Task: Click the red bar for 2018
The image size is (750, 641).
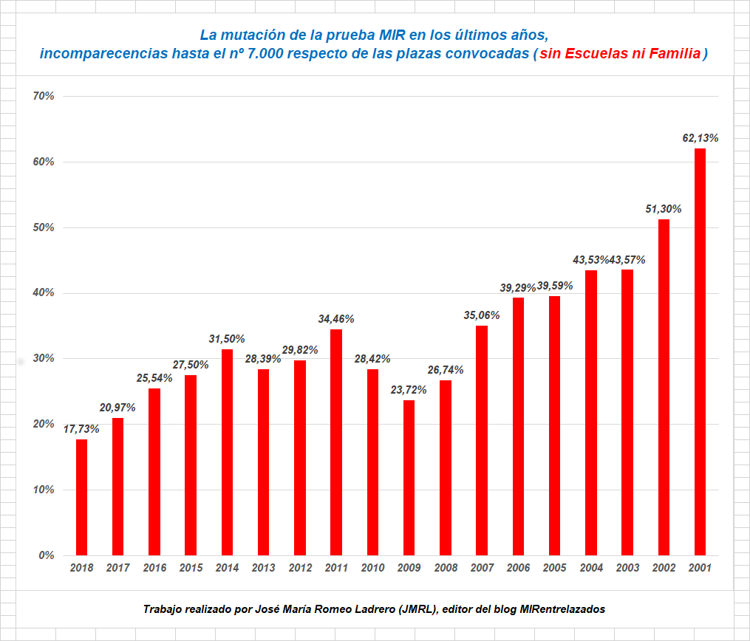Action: [x=81, y=497]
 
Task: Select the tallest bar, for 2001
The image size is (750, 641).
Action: [x=700, y=352]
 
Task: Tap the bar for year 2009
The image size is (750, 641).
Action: [x=409, y=477]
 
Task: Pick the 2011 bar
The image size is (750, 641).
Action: [x=336, y=442]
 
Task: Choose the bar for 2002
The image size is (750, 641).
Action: [x=664, y=387]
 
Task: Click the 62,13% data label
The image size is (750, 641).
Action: [x=700, y=138]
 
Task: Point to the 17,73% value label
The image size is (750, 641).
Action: [x=81, y=428]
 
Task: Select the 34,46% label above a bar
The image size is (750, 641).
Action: [x=336, y=319]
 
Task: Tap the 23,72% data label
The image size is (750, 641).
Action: [x=409, y=389]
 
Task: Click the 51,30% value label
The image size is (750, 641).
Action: [x=664, y=209]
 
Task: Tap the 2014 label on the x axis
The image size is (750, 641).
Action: [x=227, y=568]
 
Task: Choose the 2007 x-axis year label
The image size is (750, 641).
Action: [x=481, y=568]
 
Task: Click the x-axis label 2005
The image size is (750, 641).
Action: [x=554, y=568]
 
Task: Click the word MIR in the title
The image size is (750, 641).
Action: [x=393, y=35]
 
